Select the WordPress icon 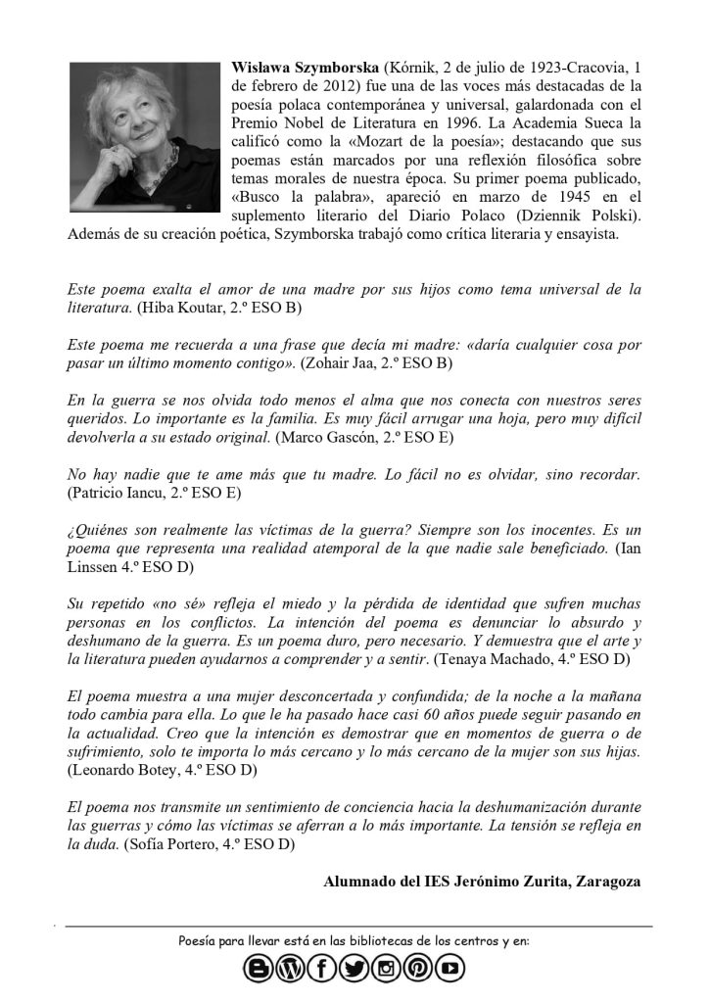click(x=290, y=970)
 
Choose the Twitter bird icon click(x=354, y=970)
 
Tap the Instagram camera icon click(x=386, y=970)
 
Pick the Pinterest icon click(x=418, y=970)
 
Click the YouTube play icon click(x=450, y=970)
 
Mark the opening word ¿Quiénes click(x=99, y=529)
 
